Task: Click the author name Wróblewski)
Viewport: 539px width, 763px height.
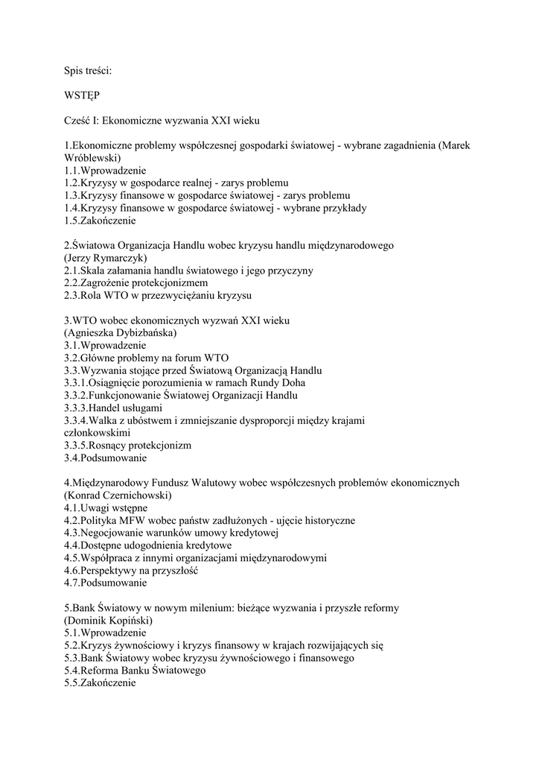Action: click(x=92, y=158)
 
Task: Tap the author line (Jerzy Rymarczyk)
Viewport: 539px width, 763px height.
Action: click(x=105, y=257)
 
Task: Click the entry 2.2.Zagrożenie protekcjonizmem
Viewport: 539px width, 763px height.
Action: click(x=136, y=282)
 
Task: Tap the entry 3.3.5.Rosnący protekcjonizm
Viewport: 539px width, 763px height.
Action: click(x=127, y=445)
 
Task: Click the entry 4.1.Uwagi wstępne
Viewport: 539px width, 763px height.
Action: click(x=106, y=507)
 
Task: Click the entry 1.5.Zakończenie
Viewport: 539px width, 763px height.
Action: click(x=101, y=221)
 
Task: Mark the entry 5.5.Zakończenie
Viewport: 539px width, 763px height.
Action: click(x=101, y=683)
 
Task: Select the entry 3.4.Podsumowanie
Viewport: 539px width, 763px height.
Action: click(x=106, y=458)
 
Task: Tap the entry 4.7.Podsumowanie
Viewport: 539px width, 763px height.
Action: click(x=106, y=583)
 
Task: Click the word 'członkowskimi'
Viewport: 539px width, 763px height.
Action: click(x=98, y=432)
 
